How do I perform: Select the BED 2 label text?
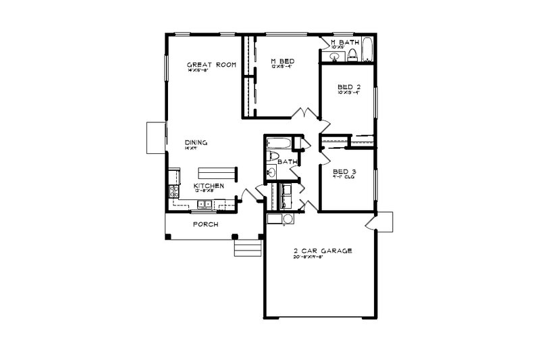pos(348,87)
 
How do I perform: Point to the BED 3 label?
pos(345,172)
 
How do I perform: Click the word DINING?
pos(196,143)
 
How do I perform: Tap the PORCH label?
pos(205,224)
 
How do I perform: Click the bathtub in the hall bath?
pos(278,143)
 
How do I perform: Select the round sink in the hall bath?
pos(271,173)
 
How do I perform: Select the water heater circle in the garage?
pos(287,218)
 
